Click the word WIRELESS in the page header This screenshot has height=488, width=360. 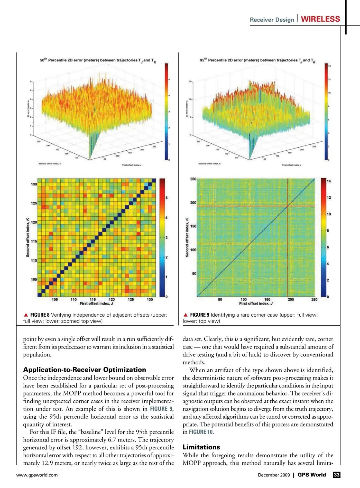[320, 19]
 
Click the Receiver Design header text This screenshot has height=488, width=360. [272, 20]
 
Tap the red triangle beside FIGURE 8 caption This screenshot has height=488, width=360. [26, 315]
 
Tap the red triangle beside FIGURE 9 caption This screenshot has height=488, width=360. [186, 315]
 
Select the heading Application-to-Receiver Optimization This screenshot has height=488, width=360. [85, 370]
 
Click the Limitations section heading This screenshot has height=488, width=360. [201, 447]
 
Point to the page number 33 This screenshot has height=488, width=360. [337, 475]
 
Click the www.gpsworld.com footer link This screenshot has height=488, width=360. [37, 475]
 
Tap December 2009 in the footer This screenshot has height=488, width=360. [274, 475]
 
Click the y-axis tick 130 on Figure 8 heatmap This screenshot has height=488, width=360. [34, 184]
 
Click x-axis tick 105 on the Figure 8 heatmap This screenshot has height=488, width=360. [55, 299]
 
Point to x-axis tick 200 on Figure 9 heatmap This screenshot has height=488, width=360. [291, 299]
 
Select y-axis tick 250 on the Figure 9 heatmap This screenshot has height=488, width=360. [193, 179]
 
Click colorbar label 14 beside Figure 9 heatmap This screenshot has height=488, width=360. [329, 181]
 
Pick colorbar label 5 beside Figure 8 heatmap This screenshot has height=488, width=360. [166, 198]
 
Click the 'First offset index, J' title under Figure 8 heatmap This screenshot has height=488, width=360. [96, 303]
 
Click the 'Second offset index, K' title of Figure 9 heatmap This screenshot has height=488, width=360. [187, 237]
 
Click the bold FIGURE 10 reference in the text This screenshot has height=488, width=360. [201, 432]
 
